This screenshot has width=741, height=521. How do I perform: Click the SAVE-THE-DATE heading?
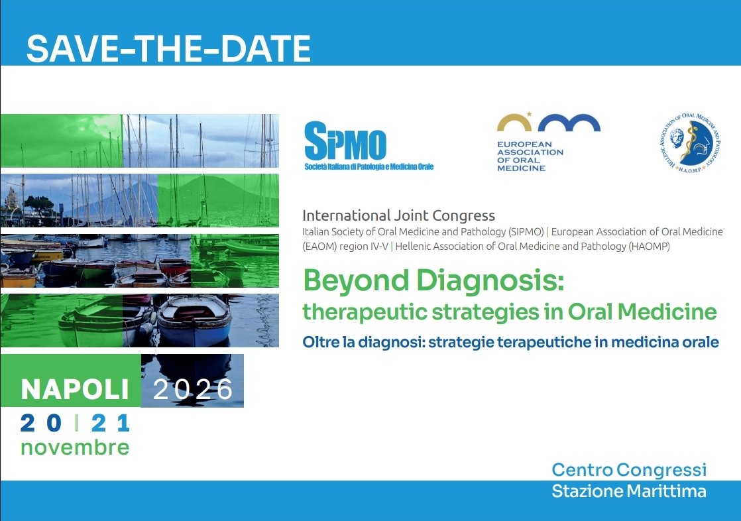click(168, 48)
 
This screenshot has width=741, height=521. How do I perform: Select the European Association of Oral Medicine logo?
click(548, 142)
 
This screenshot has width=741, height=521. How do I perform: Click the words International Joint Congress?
click(398, 215)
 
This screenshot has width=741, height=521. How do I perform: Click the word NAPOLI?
click(75, 389)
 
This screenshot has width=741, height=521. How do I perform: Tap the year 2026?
click(193, 389)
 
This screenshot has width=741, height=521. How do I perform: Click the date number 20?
click(41, 423)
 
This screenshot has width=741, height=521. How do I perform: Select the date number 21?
click(110, 423)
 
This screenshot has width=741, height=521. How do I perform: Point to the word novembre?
click(75, 447)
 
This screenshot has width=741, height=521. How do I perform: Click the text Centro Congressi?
click(629, 470)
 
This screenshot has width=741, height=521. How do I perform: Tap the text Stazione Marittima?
click(629, 491)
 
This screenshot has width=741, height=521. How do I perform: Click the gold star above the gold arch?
click(529, 114)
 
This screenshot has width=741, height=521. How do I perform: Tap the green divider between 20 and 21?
click(77, 423)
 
